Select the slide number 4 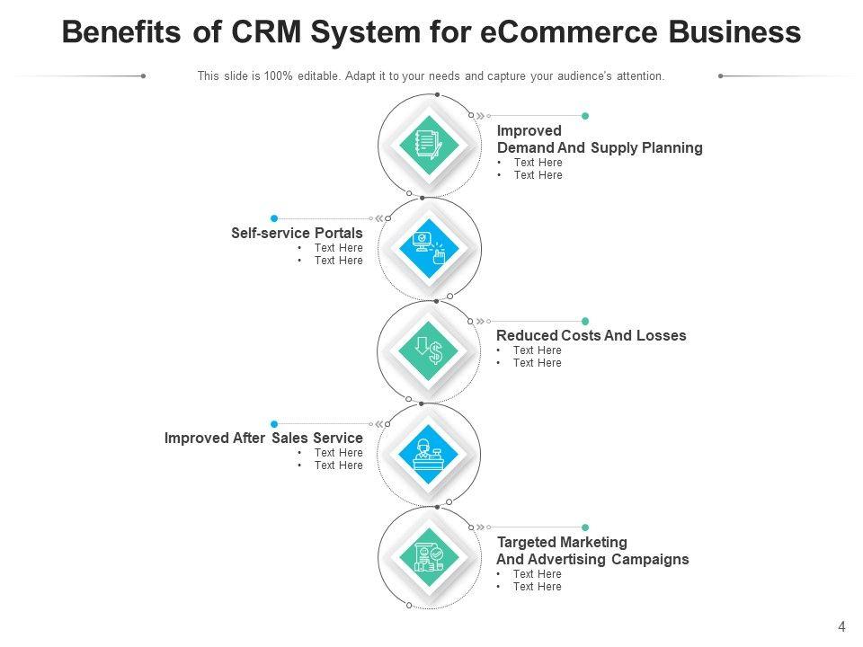(841, 627)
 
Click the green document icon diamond (429, 145)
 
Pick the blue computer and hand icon (429, 248)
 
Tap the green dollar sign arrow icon (429, 350)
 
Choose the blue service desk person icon (429, 454)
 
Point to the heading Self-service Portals (297, 233)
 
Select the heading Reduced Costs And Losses (591, 335)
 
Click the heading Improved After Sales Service (263, 438)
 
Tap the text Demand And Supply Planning (600, 147)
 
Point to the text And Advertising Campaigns (592, 559)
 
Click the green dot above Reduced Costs (585, 321)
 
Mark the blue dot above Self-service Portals (274, 218)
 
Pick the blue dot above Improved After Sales (274, 423)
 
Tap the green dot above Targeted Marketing (585, 527)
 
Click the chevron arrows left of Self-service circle (378, 218)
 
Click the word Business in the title (734, 32)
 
